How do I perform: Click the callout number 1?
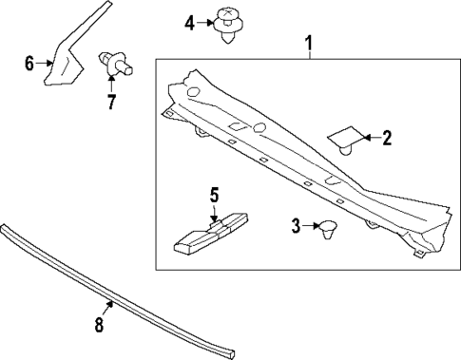[x=307, y=43]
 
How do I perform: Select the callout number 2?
[x=386, y=139]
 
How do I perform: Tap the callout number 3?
[x=295, y=226]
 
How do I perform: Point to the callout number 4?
[x=189, y=21]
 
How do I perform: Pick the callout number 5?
[x=214, y=195]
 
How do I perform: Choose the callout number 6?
[x=29, y=64]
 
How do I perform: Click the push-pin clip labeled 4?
[x=226, y=26]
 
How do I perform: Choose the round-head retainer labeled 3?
[x=329, y=228]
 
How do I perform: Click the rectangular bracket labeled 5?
[x=208, y=233]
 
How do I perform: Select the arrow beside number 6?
[x=46, y=64]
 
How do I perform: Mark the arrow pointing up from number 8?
[x=107, y=310]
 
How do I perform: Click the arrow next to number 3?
[x=309, y=226]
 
